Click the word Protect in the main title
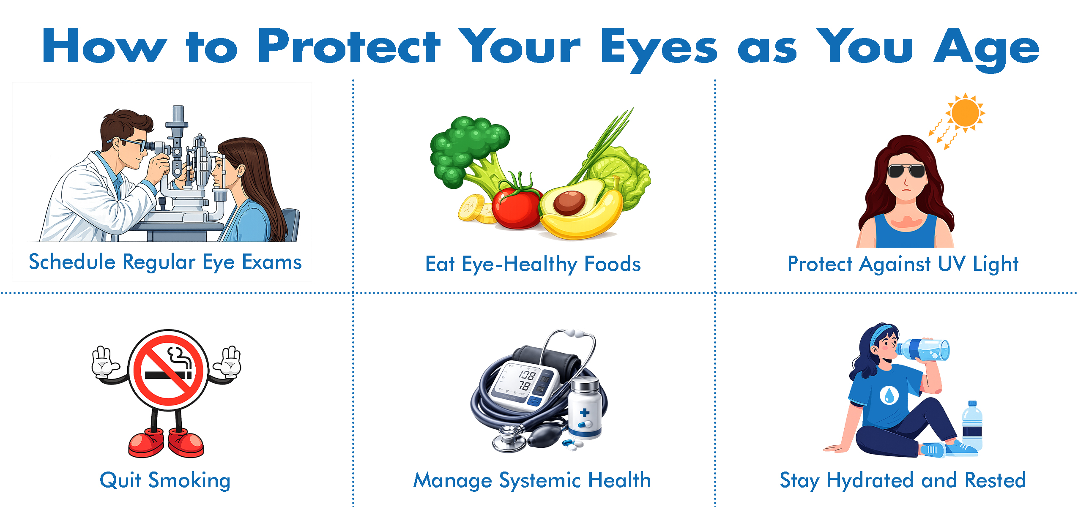tap(349, 46)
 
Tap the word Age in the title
tap(986, 49)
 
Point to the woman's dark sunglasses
tap(906, 171)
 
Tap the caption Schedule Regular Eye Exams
tap(165, 262)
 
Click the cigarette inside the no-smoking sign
tap(168, 375)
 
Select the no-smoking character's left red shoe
tap(146, 442)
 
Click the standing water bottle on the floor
tap(973, 426)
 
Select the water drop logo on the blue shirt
tap(889, 395)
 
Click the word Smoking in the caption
tap(189, 481)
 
